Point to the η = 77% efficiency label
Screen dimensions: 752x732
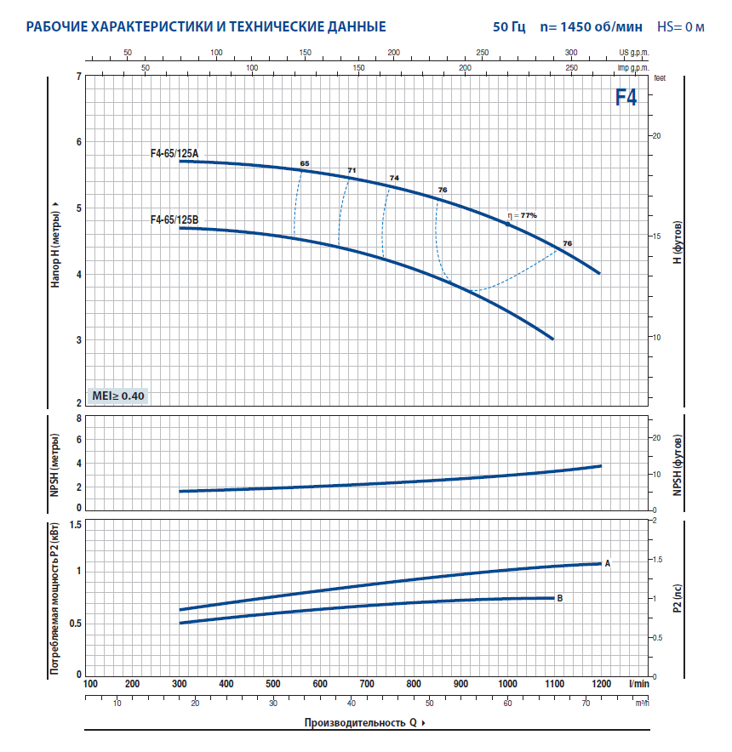click(522, 215)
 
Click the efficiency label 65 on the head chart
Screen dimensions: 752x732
click(305, 162)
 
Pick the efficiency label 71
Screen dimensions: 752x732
click(352, 170)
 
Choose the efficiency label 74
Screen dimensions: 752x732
click(393, 178)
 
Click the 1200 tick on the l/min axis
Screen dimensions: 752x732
click(601, 684)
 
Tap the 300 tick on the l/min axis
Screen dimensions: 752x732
click(180, 684)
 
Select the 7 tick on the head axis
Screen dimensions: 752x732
click(78, 77)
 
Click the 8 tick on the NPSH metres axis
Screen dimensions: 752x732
click(78, 419)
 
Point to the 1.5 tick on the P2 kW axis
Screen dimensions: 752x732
click(75, 525)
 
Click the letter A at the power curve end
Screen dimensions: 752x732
click(608, 563)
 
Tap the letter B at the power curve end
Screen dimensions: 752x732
click(560, 598)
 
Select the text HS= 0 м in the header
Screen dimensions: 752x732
click(680, 27)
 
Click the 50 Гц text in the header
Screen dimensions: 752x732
click(509, 27)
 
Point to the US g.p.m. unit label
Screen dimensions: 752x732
click(633, 53)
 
